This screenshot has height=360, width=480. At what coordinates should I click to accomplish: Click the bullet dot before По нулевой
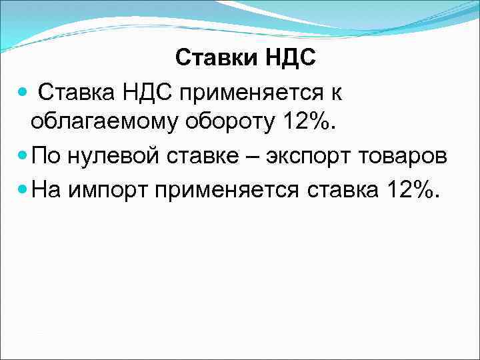point(23,157)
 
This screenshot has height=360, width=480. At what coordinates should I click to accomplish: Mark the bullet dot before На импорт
point(23,190)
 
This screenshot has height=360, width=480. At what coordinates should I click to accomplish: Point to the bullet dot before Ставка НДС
point(23,91)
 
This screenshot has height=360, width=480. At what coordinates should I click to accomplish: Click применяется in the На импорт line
point(228,191)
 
